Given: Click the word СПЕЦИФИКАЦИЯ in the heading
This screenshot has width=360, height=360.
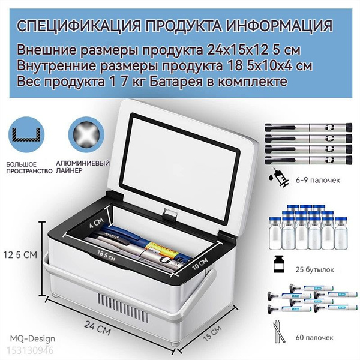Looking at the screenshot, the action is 79,26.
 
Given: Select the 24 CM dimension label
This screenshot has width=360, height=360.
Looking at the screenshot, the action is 98,328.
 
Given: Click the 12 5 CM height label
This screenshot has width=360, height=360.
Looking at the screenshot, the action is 20,255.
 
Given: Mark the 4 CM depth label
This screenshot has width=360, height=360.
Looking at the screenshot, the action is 97,222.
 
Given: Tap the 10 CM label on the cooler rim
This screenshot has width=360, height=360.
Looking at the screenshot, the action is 200,264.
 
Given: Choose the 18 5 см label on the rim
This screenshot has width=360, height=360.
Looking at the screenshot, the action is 106,256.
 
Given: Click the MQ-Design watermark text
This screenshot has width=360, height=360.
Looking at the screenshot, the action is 32,338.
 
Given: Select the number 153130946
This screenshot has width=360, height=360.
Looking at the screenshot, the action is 30,350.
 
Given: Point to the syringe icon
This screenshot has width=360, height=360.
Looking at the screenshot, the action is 279,177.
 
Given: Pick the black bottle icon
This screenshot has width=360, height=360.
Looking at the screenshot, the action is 279,264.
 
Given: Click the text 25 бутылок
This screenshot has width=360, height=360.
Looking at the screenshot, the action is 315,269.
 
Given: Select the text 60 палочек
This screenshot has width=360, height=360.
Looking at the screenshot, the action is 314,338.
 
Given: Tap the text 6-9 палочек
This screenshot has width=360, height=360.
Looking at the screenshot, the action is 318,180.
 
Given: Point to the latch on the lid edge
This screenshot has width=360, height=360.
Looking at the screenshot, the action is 170,214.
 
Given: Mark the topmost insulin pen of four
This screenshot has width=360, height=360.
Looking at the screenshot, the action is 308,127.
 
